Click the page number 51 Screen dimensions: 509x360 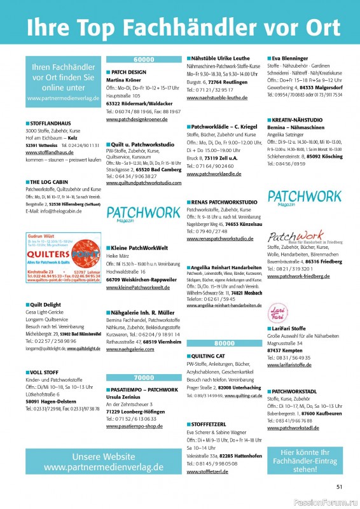point(339,487)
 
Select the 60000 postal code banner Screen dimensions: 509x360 point(144,59)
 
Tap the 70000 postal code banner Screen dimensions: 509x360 point(144,377)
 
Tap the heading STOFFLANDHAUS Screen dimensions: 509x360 point(50,123)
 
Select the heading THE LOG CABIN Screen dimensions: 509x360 point(47,182)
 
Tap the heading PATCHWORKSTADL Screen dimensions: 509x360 point(295,391)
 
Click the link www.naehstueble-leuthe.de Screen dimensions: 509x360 point(217,98)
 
